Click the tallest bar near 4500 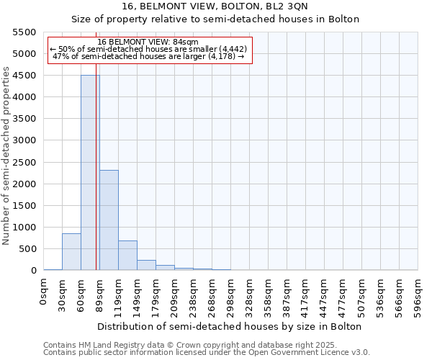90,173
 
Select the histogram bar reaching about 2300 109,220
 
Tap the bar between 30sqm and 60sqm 71,252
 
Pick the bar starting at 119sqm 127,256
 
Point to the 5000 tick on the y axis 24,54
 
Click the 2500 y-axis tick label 24,162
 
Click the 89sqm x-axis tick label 100,294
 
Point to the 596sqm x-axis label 418,295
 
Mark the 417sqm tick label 306,295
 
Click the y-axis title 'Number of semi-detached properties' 6,155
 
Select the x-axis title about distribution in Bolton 229,326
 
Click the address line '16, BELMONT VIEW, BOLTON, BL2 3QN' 215,6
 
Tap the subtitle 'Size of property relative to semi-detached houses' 215,19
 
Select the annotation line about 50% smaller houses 149,50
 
